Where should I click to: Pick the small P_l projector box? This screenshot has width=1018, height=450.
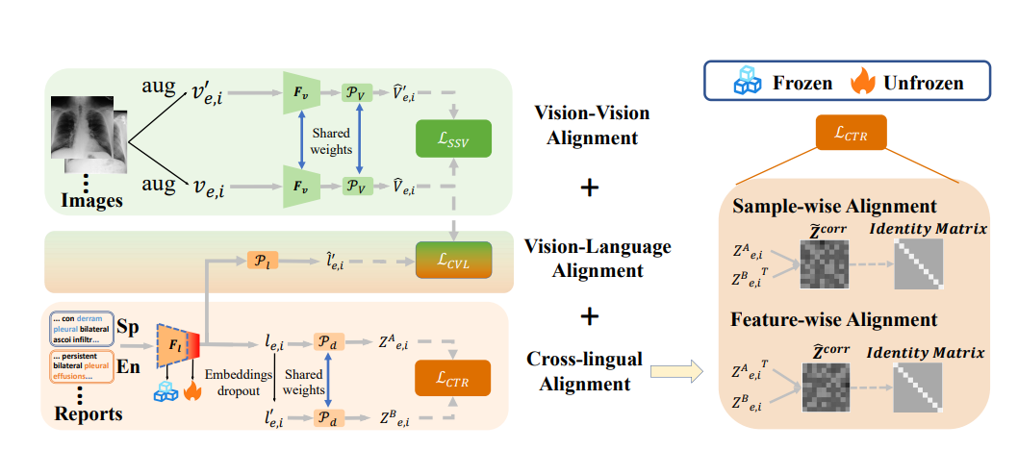click(261, 262)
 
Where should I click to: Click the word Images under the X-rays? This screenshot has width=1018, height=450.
click(92, 201)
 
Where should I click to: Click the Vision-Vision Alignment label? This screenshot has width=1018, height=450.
click(592, 125)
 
